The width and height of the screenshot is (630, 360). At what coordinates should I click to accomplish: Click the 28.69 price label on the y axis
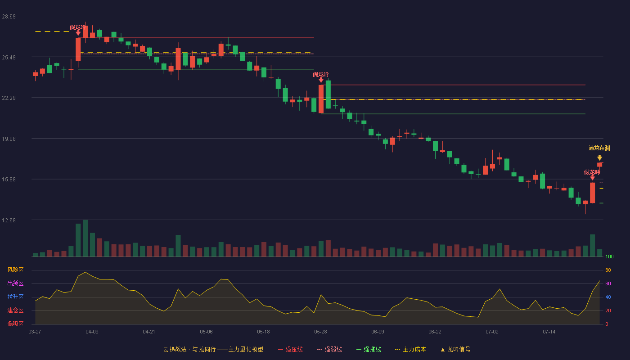click(x=9, y=17)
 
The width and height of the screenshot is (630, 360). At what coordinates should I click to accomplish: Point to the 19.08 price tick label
click(x=9, y=139)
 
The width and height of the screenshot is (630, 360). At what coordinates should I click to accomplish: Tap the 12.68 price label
click(x=9, y=220)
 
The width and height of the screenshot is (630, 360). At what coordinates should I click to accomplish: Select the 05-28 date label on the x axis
click(x=320, y=332)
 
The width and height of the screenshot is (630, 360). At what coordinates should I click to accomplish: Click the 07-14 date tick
click(x=549, y=332)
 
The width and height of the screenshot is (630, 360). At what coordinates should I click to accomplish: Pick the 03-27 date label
click(x=35, y=332)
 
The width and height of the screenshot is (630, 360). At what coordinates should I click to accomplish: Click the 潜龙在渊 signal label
click(x=599, y=148)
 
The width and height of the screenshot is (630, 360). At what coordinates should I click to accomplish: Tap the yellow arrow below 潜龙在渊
click(x=599, y=157)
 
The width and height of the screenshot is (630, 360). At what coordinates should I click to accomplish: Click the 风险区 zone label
click(x=15, y=270)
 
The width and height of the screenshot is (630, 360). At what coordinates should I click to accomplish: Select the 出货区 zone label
click(x=15, y=283)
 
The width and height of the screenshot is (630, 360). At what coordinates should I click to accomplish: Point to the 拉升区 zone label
click(x=15, y=297)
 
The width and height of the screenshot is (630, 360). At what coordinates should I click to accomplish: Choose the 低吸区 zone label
click(x=15, y=324)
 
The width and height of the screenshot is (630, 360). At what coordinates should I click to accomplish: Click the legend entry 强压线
click(x=290, y=349)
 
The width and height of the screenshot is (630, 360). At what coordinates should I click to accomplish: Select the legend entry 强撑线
click(x=369, y=349)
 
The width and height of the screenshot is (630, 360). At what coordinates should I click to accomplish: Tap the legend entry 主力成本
click(x=410, y=349)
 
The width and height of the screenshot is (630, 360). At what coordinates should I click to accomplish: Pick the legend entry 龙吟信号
click(x=455, y=349)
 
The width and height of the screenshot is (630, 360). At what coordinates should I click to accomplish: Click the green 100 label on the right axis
click(x=609, y=256)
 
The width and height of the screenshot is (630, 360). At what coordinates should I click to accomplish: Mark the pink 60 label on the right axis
click(x=608, y=283)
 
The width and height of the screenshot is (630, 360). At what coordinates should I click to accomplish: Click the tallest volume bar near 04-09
click(x=85, y=238)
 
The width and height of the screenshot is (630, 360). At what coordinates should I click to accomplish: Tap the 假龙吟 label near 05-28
click(x=320, y=75)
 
